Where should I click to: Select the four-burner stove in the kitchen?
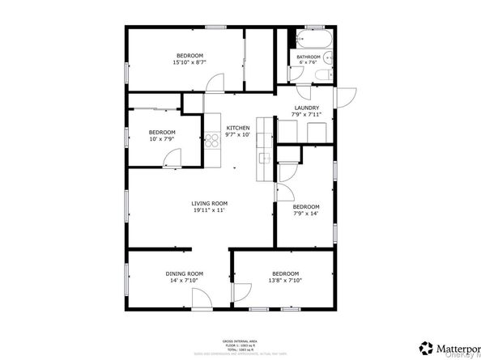pos(214,142)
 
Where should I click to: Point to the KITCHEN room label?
pos(237,128)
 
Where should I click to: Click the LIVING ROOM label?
pos(209,203)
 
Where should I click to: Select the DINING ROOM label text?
pos(184,273)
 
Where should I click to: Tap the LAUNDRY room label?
pos(306,108)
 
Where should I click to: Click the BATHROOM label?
pos(309,57)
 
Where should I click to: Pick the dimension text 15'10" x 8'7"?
pos(189,62)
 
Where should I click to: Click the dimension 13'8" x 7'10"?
pos(285,280)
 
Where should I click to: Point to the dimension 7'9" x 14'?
pos(305,213)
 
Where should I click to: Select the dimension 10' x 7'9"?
pos(161,139)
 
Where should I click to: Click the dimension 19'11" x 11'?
pos(209,210)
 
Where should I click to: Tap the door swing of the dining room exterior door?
pos(198,300)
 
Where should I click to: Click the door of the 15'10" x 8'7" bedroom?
pos(215,83)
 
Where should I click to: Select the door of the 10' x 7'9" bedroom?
pos(172,159)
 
